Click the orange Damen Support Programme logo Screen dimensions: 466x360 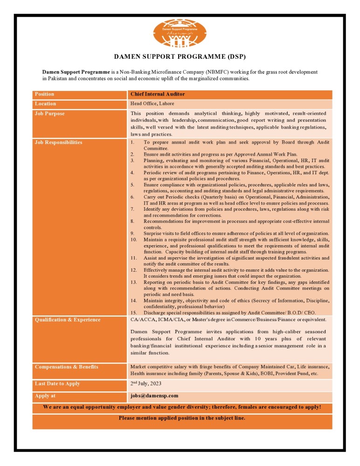180,34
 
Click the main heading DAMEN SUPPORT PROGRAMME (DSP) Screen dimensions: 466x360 180,57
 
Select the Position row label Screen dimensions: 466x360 44,94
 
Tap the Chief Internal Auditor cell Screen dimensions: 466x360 158,94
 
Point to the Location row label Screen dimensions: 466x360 45,103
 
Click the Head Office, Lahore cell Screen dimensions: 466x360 152,103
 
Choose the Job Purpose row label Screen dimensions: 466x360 49,113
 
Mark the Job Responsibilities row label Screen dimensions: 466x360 58,142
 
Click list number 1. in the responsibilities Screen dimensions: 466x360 133,142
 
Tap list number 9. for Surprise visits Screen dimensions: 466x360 133,233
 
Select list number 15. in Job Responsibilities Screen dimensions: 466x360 134,312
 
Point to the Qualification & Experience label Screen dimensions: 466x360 67,320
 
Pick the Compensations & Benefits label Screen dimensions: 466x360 66,367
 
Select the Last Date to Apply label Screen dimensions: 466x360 57,384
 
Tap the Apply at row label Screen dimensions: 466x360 45,396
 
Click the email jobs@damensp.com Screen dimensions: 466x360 154,396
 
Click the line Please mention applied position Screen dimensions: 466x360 182,418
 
